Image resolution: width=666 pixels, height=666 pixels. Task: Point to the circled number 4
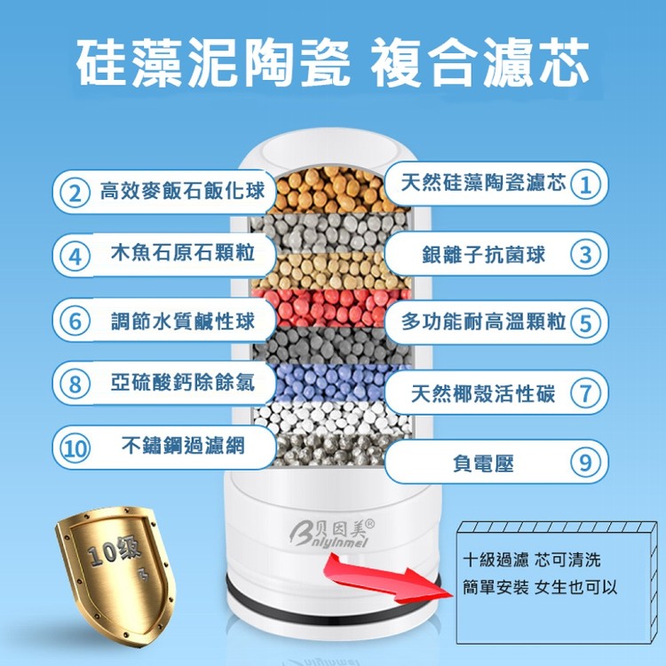[x=77, y=257]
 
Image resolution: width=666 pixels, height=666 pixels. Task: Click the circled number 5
[x=583, y=321]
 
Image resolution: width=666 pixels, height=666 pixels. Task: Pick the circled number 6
[x=77, y=321]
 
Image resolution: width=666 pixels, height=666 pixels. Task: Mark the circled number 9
[x=584, y=463]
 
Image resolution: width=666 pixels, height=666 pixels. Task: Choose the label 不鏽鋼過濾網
[x=182, y=445]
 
